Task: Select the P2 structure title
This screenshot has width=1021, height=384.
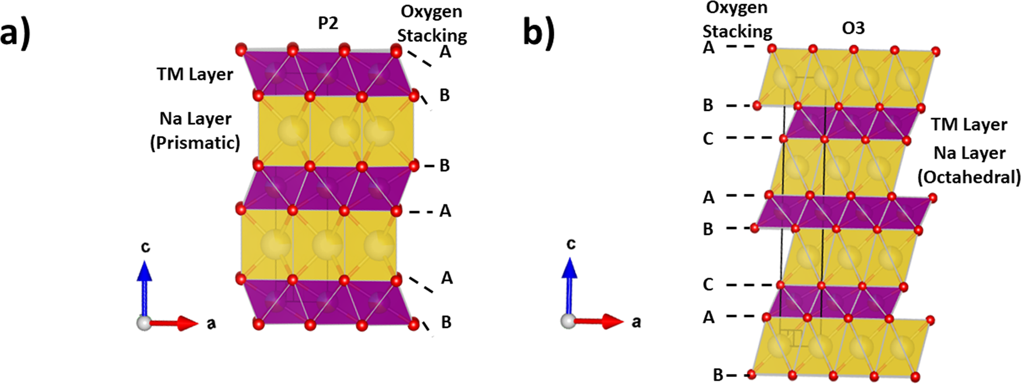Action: click(x=328, y=23)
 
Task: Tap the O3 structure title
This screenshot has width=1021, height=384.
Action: click(x=853, y=28)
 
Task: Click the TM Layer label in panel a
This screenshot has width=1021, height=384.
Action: click(x=195, y=74)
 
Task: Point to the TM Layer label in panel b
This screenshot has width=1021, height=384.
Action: click(x=969, y=124)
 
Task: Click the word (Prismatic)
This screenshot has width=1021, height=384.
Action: click(x=195, y=143)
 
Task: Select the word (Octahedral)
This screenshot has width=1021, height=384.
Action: click(x=969, y=177)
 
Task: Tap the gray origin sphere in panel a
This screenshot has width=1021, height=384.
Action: click(x=144, y=323)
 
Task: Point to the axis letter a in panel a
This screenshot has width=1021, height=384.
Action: click(x=211, y=323)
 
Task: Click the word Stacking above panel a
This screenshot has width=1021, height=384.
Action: click(x=432, y=36)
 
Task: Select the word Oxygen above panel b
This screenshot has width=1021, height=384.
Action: click(x=737, y=8)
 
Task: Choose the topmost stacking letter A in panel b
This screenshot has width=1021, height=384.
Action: click(x=709, y=48)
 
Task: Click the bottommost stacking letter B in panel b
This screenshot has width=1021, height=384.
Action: click(x=718, y=375)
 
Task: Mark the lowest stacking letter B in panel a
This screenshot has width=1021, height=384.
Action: click(x=446, y=322)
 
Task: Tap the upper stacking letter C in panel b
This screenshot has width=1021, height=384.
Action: click(x=708, y=139)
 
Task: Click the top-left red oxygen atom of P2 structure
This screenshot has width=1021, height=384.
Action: click(x=241, y=50)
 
